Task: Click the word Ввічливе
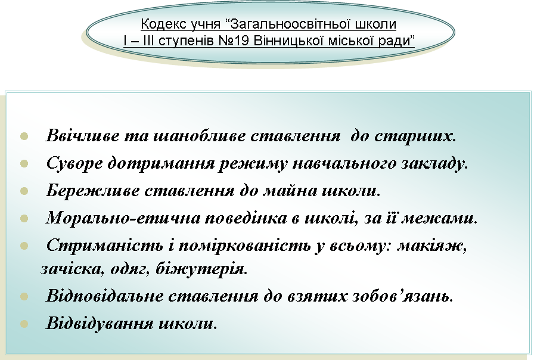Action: click(x=83, y=135)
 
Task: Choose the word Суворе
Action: click(x=74, y=163)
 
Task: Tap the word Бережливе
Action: click(x=93, y=190)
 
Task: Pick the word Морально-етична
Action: click(x=123, y=218)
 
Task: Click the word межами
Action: click(x=439, y=218)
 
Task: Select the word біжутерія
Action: click(x=201, y=269)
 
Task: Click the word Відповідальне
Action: click(x=104, y=296)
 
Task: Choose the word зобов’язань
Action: click(x=402, y=296)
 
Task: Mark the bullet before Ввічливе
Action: click(x=24, y=136)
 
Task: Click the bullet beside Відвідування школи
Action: click(x=24, y=324)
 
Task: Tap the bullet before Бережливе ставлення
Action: click(x=24, y=191)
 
